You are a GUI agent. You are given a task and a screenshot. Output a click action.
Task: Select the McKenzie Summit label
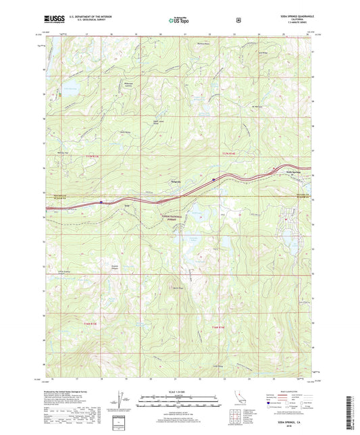coord(124,85)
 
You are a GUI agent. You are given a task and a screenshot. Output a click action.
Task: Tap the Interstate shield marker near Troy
coord(101,201)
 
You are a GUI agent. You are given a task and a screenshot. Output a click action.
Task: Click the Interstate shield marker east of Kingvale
coord(214,180)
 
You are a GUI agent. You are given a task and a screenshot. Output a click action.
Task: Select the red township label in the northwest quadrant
coord(92,156)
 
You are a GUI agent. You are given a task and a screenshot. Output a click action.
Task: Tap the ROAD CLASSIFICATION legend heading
coord(290,390)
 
